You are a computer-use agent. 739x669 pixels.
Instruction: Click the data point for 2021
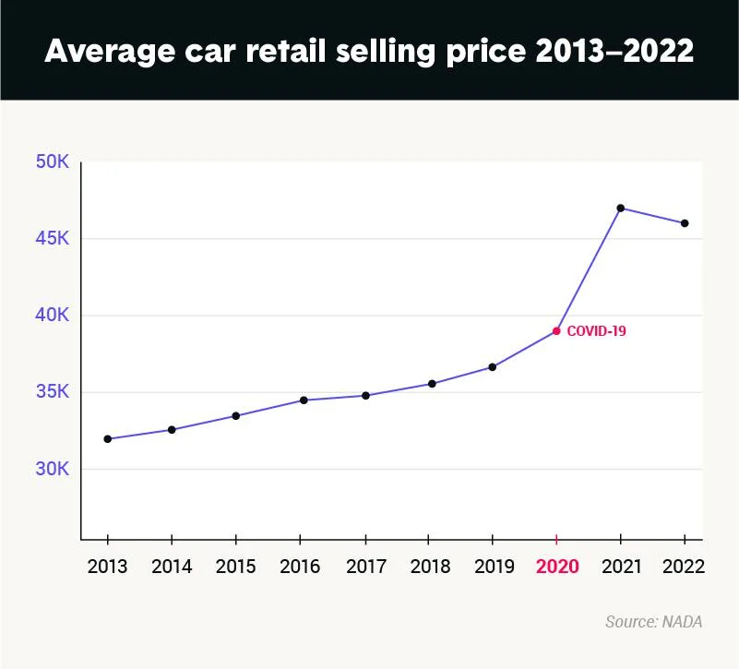click(621, 208)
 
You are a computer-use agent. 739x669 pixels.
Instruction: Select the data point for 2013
click(108, 439)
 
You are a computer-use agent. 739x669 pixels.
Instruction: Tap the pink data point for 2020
click(556, 330)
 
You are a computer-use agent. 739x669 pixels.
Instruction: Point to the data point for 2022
click(685, 223)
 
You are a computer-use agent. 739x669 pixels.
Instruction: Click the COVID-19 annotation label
click(596, 330)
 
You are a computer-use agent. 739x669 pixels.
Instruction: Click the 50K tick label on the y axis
click(52, 161)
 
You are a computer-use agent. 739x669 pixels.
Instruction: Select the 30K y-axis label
click(52, 469)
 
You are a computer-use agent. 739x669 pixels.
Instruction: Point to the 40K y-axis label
click(52, 316)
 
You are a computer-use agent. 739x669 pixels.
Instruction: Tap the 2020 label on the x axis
click(556, 567)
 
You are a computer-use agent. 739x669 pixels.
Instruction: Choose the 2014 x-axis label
click(172, 567)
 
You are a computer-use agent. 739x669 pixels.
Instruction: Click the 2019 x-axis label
click(493, 567)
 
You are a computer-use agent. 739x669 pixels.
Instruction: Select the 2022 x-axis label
click(685, 567)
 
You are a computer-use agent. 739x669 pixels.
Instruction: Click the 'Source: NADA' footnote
click(653, 622)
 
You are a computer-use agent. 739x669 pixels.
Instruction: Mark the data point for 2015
click(236, 416)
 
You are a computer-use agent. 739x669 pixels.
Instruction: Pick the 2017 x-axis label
click(364, 567)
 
